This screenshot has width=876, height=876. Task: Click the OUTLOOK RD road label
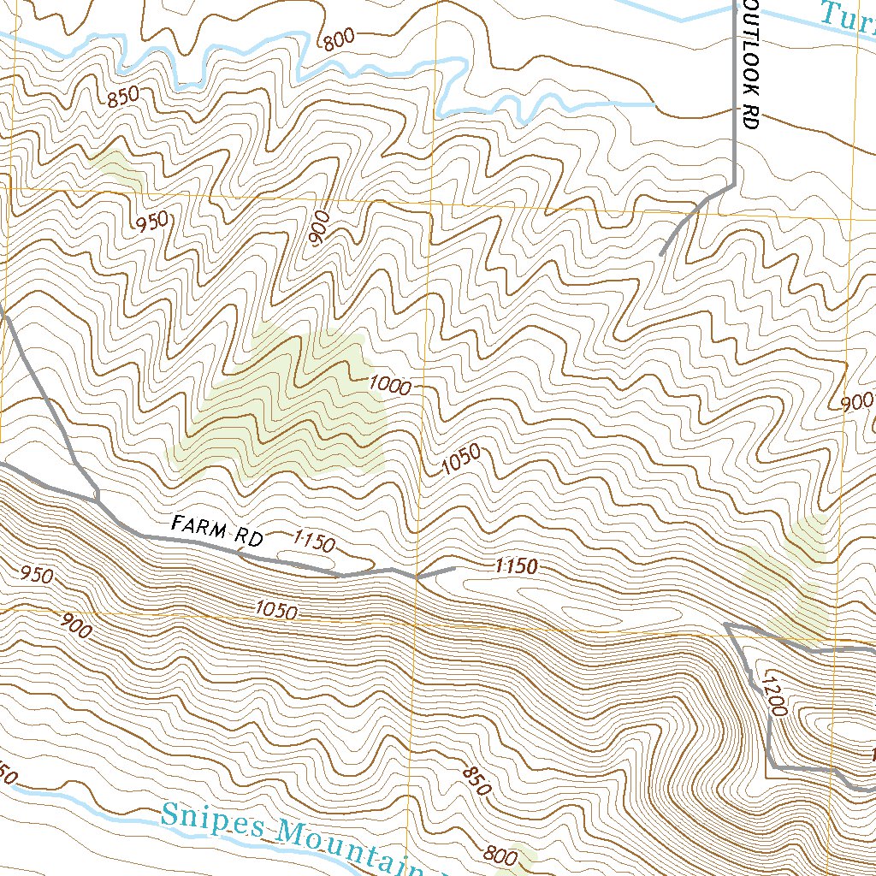click(751, 65)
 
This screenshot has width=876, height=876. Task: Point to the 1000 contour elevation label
click(390, 386)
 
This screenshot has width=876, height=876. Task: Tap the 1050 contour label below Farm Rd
click(275, 611)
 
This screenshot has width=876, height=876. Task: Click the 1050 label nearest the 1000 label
click(462, 460)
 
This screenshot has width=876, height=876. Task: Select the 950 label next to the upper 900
click(152, 222)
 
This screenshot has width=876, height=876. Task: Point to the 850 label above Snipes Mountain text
click(476, 781)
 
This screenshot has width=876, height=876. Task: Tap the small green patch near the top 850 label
click(117, 169)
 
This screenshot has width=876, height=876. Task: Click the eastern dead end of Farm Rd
click(453, 567)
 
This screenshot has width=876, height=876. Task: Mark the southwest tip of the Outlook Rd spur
click(661, 253)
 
